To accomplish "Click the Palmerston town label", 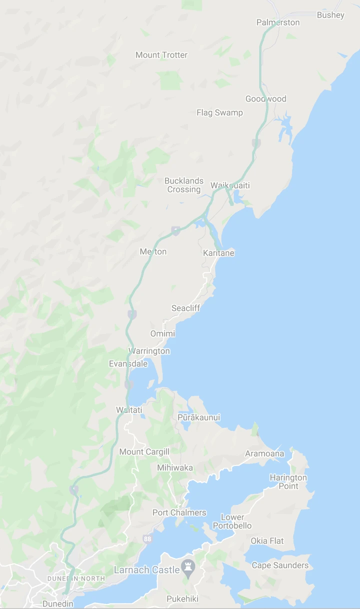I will pyautogui.click(x=278, y=22).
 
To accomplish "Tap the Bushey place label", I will pyautogui.click(x=330, y=15).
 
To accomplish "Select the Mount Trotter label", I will pyautogui.click(x=161, y=55).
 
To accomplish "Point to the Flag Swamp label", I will pyautogui.click(x=219, y=112).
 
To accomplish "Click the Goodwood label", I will pyautogui.click(x=265, y=99).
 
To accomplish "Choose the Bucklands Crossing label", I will pyautogui.click(x=184, y=185).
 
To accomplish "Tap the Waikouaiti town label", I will pyautogui.click(x=230, y=185).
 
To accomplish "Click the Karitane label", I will pyautogui.click(x=218, y=253).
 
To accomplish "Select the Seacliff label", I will pyautogui.click(x=185, y=308).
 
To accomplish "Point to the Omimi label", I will pyautogui.click(x=162, y=333).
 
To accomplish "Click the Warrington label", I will pyautogui.click(x=149, y=351).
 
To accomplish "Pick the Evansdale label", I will pyautogui.click(x=128, y=364).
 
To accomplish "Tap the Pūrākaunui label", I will pyautogui.click(x=198, y=417).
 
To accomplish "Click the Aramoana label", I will pyautogui.click(x=264, y=454).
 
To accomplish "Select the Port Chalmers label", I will pyautogui.click(x=179, y=512).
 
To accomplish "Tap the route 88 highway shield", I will pyautogui.click(x=147, y=538).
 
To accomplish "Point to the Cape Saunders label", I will pyautogui.click(x=280, y=565).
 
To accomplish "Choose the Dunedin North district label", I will pyautogui.click(x=76, y=578).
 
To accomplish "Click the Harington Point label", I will pyautogui.click(x=288, y=482).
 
